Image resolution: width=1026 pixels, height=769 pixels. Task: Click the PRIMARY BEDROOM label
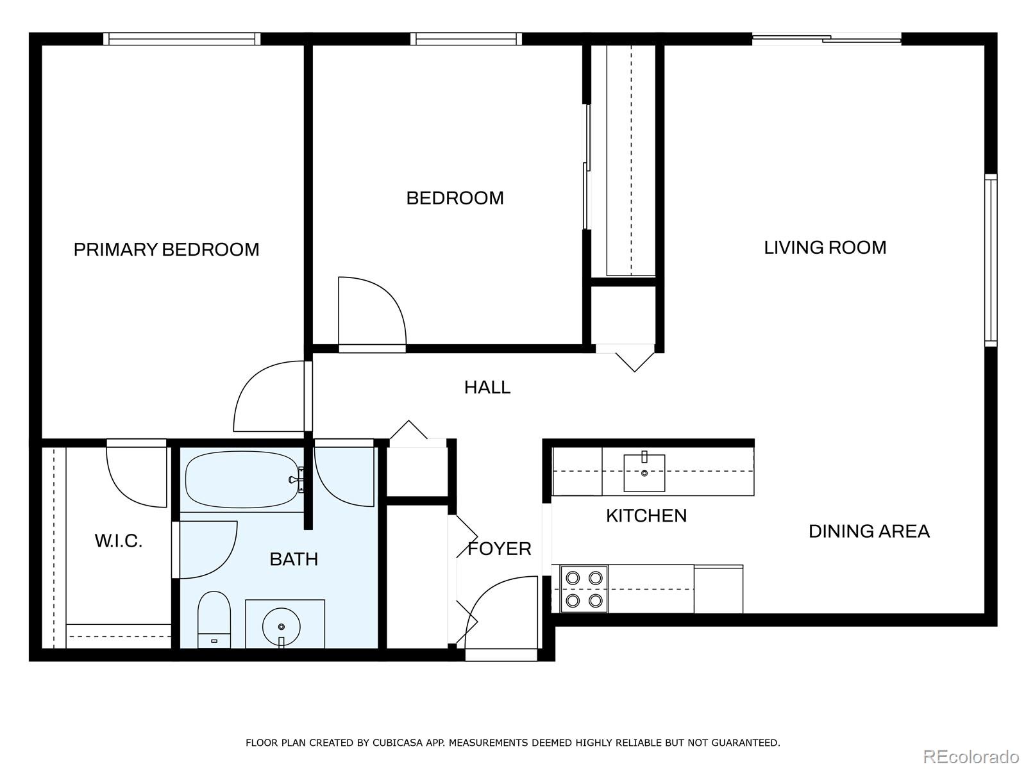[x=166, y=249]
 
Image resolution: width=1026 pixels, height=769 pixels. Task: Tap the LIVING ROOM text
[x=825, y=247]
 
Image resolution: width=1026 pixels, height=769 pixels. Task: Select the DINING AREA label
[x=868, y=531]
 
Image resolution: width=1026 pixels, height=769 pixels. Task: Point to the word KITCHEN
[x=646, y=515]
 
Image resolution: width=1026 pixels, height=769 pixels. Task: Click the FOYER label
[x=499, y=549]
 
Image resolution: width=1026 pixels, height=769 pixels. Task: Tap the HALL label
[x=487, y=387]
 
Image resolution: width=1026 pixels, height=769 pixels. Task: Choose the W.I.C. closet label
[x=118, y=541]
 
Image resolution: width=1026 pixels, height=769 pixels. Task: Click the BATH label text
[x=293, y=559]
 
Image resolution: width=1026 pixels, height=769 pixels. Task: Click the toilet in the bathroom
[x=214, y=619]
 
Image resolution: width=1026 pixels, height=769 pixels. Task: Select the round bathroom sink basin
[x=281, y=626]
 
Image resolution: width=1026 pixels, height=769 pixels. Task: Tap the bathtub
[x=242, y=480]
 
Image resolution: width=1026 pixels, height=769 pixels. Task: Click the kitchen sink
[x=644, y=473]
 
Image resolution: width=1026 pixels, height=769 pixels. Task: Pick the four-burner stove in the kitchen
[x=584, y=589]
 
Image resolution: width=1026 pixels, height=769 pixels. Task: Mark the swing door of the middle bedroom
[x=372, y=314]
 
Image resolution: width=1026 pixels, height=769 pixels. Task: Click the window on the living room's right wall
[x=991, y=260]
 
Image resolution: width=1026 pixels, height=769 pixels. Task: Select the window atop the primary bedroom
[x=182, y=39]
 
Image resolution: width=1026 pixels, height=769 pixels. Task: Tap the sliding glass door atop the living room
[x=826, y=39]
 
